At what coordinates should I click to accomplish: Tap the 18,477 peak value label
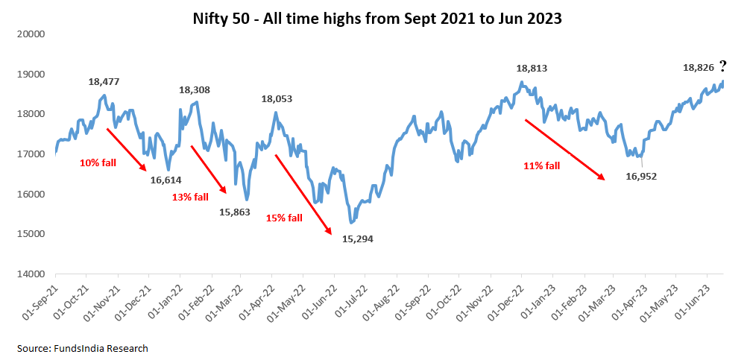104,82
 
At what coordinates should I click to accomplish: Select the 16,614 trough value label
166,180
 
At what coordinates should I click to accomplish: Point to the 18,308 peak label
195,90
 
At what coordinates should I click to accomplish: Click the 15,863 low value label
236,212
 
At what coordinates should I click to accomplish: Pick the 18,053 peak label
277,98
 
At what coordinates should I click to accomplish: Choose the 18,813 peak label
532,68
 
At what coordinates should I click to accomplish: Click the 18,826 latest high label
699,68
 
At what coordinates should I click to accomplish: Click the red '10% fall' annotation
97,161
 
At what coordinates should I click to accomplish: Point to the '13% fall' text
191,197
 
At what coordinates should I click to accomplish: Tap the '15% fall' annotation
285,218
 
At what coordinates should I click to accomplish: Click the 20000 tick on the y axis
32,34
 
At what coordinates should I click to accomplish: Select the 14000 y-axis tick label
32,274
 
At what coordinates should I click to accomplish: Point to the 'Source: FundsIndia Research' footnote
83,348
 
